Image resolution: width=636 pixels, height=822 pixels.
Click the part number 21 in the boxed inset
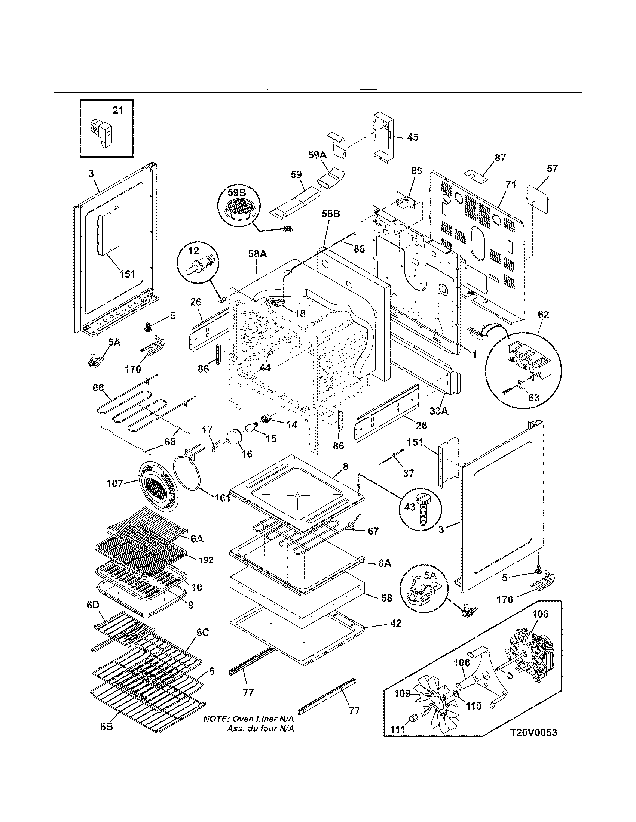tap(117, 110)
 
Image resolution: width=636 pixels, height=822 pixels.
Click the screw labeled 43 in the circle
tap(423, 506)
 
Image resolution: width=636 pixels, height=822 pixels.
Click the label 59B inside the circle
tap(236, 193)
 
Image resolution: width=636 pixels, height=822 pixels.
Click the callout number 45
tap(413, 137)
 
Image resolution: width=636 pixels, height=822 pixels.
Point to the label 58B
tap(330, 214)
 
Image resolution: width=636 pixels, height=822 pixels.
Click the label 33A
tap(438, 411)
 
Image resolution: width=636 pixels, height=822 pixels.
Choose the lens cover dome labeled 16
tap(236, 438)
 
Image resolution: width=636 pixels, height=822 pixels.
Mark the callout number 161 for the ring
tap(222, 498)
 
